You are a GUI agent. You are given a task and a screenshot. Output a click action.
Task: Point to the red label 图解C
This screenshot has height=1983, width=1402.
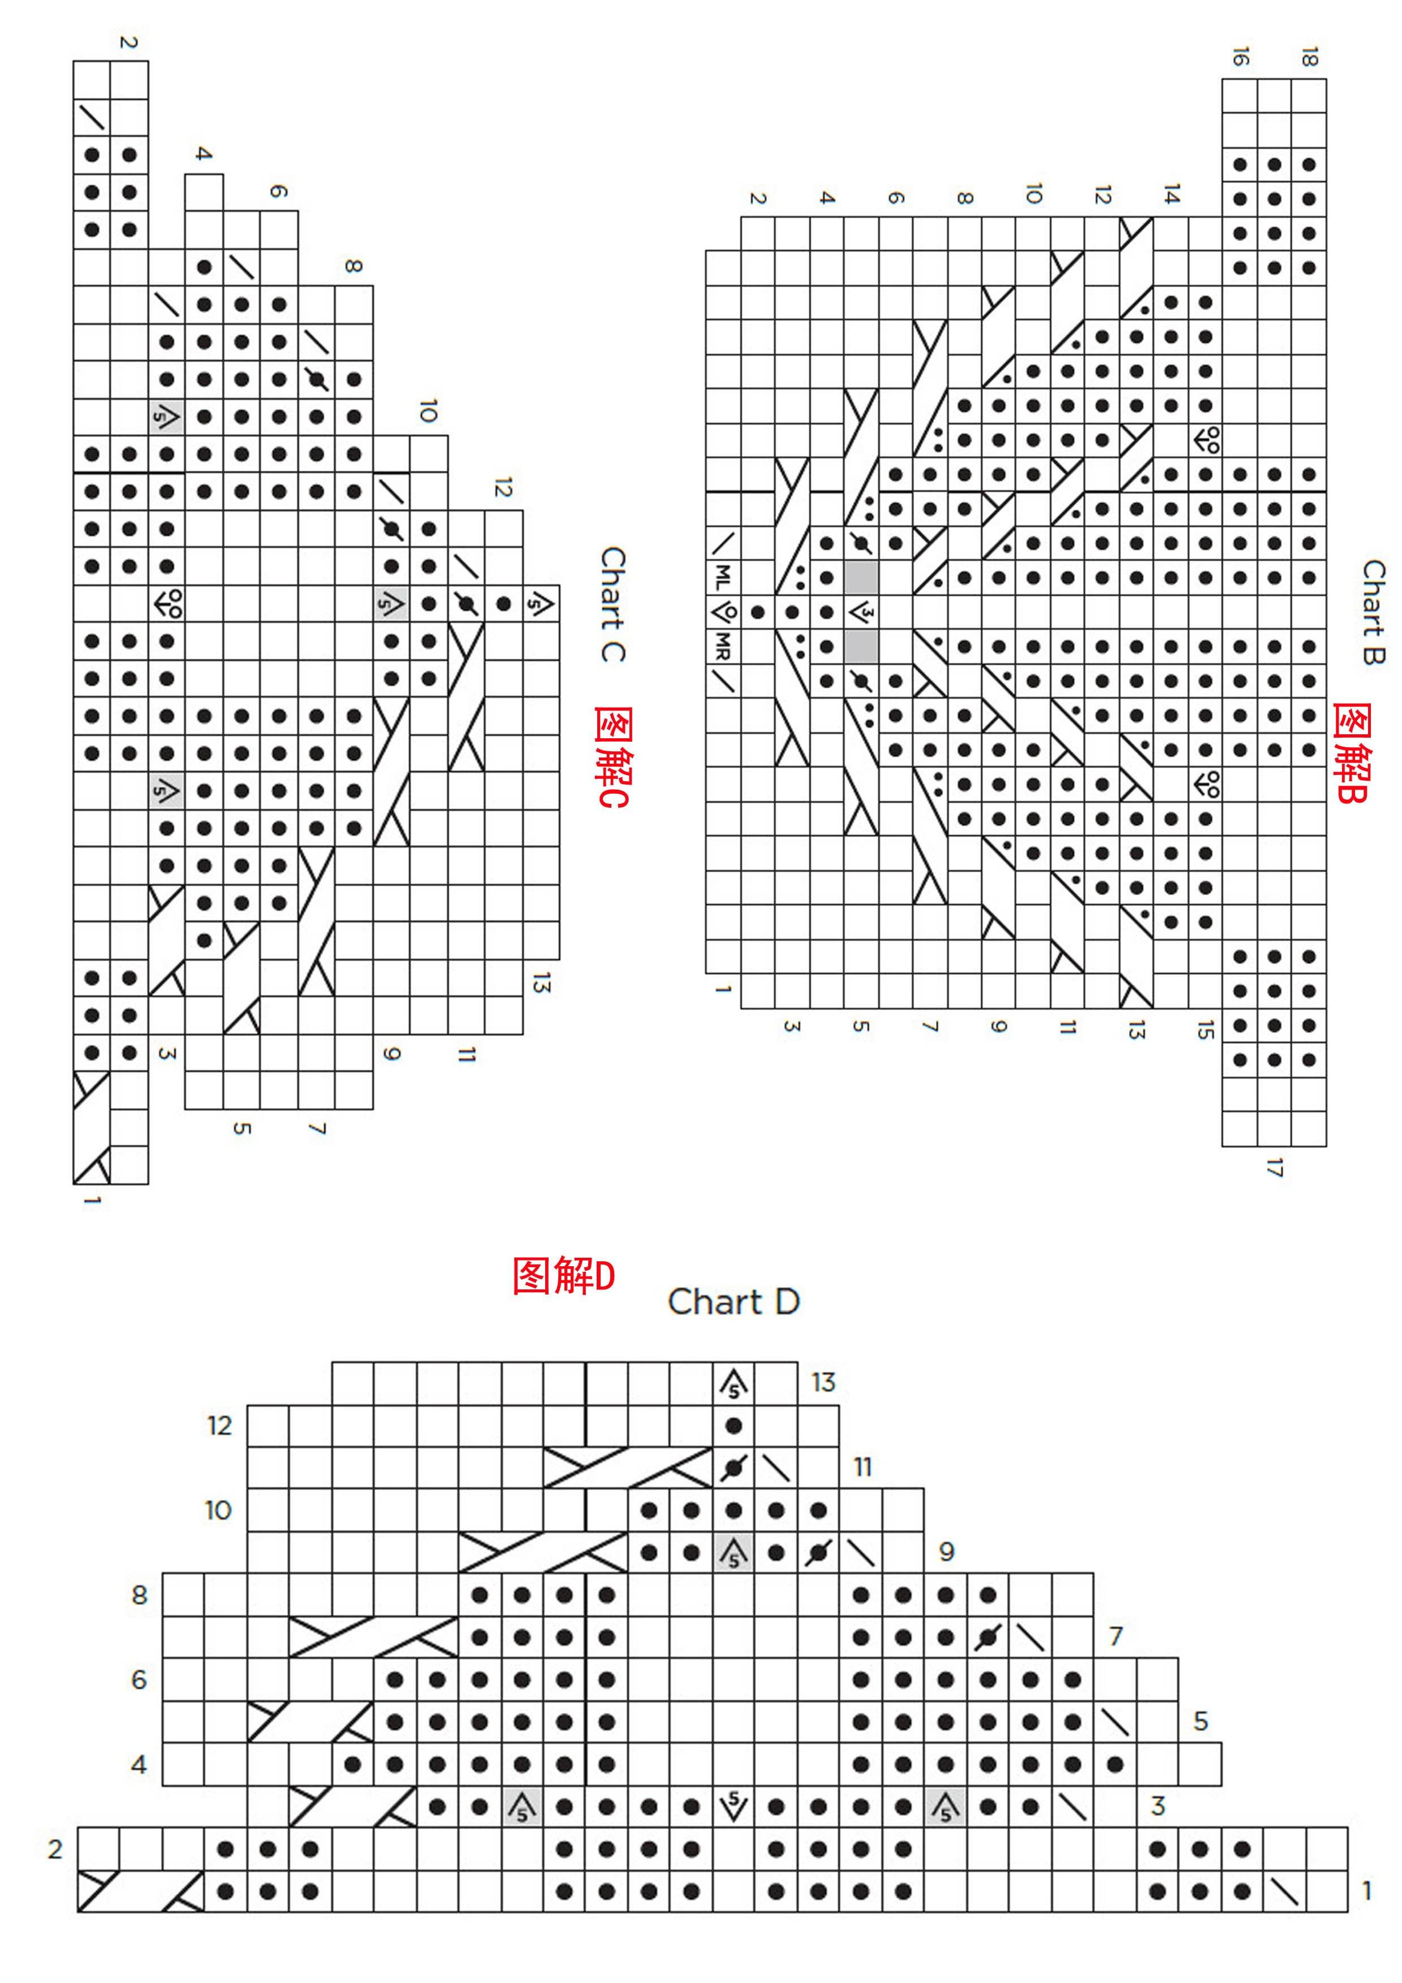tap(611, 756)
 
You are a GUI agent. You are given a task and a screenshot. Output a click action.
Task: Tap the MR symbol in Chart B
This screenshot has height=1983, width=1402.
tap(723, 646)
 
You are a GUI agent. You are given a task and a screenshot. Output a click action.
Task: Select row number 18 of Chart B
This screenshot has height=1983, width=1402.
tap(1309, 57)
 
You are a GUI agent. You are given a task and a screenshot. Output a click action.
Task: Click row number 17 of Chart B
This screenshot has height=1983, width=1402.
tap(1274, 1168)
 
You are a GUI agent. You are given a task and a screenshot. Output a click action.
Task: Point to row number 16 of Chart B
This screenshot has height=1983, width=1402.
tap(1240, 57)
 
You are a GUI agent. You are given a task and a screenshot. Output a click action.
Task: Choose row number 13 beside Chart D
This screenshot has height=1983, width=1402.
tap(823, 1383)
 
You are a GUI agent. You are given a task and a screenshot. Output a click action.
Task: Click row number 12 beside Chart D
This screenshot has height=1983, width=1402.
tap(219, 1425)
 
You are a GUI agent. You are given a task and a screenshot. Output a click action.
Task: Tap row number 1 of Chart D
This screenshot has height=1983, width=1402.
tap(1366, 1891)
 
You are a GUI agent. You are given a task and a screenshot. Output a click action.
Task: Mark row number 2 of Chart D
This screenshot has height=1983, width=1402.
tap(55, 1849)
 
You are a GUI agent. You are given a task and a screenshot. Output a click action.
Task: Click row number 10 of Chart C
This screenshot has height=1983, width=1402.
tap(428, 410)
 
